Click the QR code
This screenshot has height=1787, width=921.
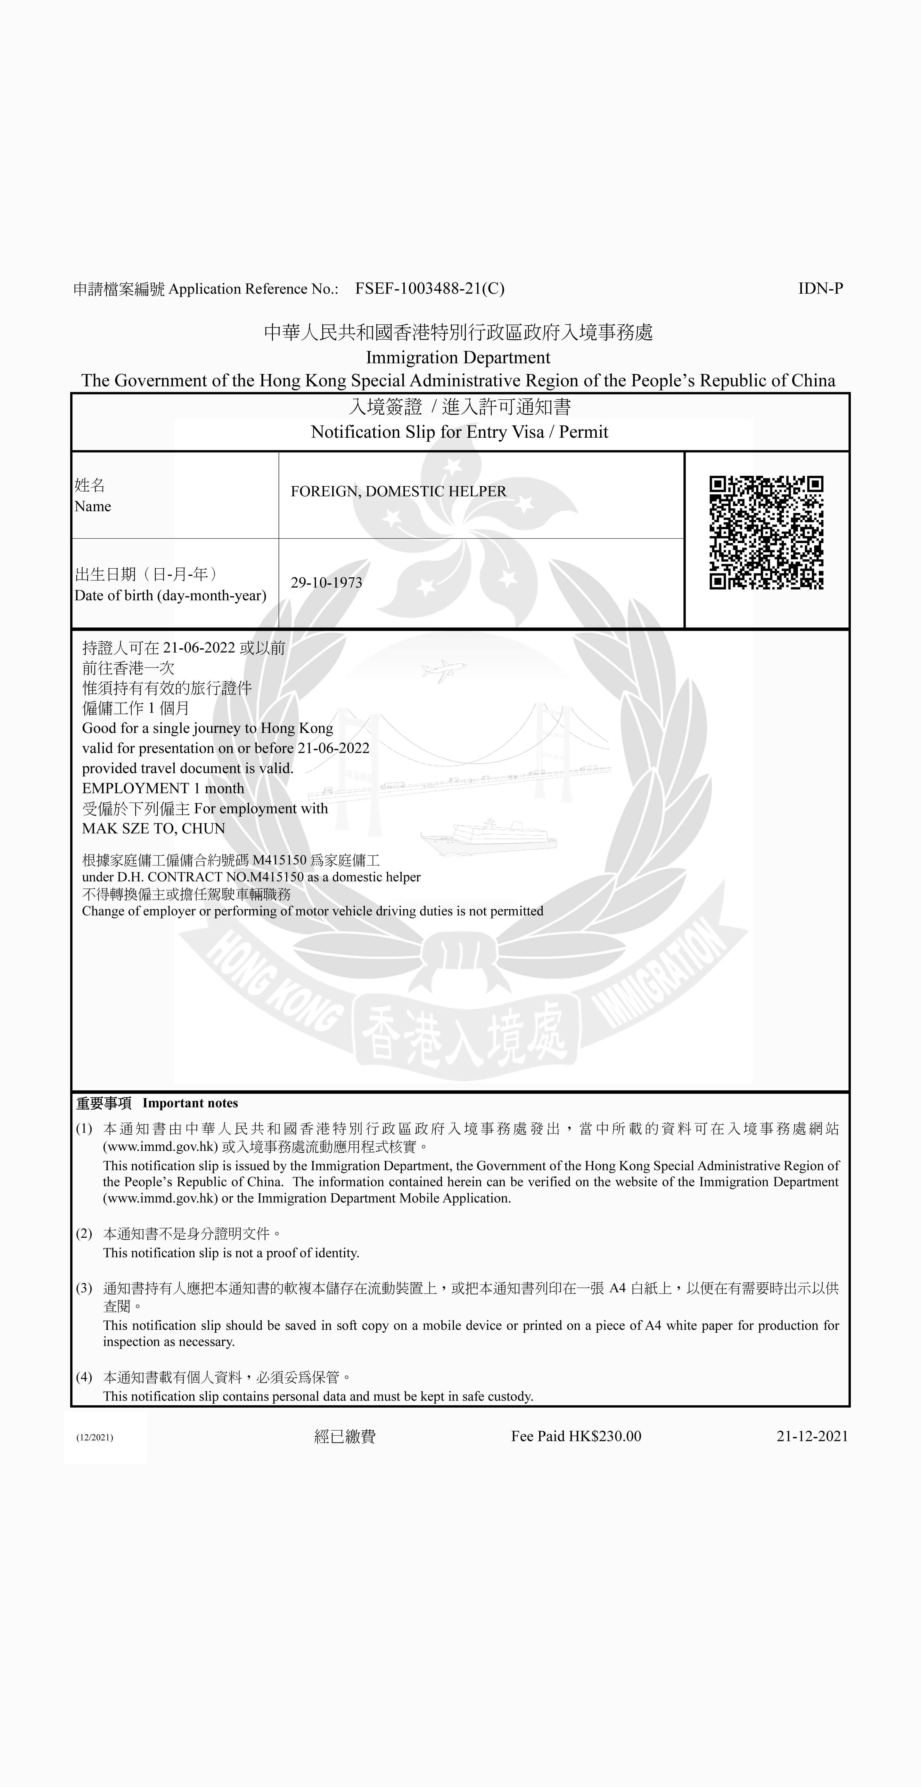(766, 533)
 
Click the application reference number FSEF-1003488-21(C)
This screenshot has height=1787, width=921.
(430, 288)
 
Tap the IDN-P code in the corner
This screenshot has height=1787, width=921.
(820, 288)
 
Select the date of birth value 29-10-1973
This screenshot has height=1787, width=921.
(326, 583)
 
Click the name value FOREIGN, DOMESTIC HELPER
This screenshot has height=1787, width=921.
(399, 491)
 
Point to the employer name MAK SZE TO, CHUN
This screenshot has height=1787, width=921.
(153, 828)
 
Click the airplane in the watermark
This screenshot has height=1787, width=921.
(443, 670)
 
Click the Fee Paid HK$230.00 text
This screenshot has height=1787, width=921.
(576, 1436)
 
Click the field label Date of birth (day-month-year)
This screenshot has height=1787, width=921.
(170, 595)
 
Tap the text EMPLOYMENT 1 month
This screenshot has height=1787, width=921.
(163, 788)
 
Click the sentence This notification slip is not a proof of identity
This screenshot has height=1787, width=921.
(231, 1253)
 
